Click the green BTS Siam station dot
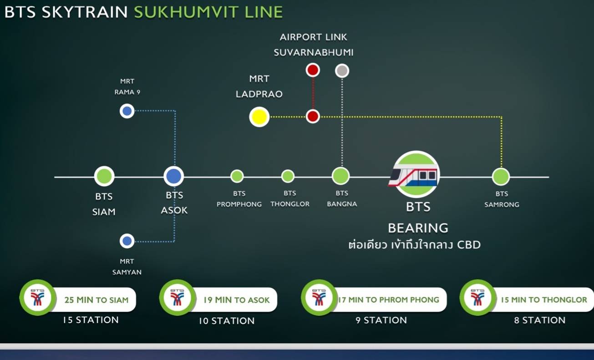click(104, 176)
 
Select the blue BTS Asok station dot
click(174, 176)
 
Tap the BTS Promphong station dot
click(237, 176)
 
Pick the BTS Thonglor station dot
click(288, 176)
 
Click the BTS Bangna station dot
click(341, 176)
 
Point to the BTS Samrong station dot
click(501, 177)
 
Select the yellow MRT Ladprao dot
click(259, 117)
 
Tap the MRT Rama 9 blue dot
click(127, 111)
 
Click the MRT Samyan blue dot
click(127, 241)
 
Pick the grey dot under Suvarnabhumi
click(342, 71)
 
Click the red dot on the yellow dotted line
click(313, 117)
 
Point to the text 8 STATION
click(540, 320)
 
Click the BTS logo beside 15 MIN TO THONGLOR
click(477, 298)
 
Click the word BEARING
click(418, 228)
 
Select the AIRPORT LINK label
click(313, 37)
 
